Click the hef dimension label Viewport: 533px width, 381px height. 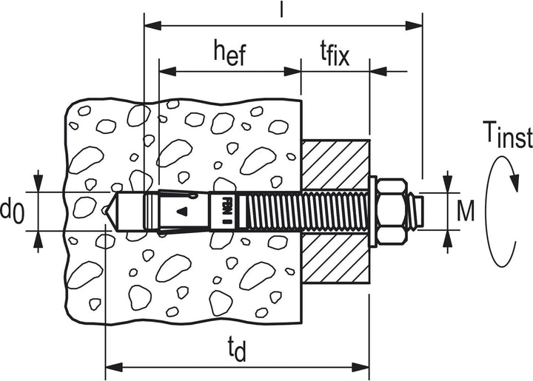(x=229, y=53)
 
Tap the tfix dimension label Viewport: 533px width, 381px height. (x=335, y=54)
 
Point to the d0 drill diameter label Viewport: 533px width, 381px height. (x=13, y=211)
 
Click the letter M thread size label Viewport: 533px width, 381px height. (x=465, y=211)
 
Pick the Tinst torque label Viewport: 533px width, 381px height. (x=508, y=135)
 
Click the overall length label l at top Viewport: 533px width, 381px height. (x=281, y=9)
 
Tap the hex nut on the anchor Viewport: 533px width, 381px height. (x=392, y=211)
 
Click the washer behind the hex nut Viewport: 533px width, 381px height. (x=373, y=211)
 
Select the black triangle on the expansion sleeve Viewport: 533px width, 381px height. (x=182, y=211)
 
